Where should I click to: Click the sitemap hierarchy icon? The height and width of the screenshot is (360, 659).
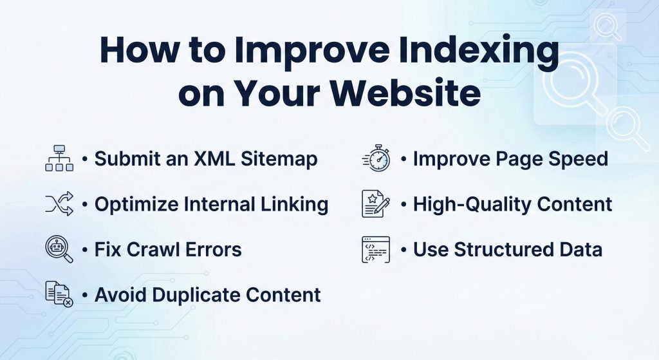(x=59, y=158)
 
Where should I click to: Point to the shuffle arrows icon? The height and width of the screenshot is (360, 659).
(x=59, y=204)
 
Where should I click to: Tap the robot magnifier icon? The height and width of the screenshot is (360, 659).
(x=59, y=249)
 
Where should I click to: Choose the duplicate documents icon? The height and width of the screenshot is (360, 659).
(x=59, y=294)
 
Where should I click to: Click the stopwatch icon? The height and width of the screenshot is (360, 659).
(x=376, y=158)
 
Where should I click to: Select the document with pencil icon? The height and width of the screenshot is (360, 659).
(x=376, y=204)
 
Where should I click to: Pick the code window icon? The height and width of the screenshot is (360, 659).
(x=376, y=249)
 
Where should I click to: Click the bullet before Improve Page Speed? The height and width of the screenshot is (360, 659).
(x=404, y=159)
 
